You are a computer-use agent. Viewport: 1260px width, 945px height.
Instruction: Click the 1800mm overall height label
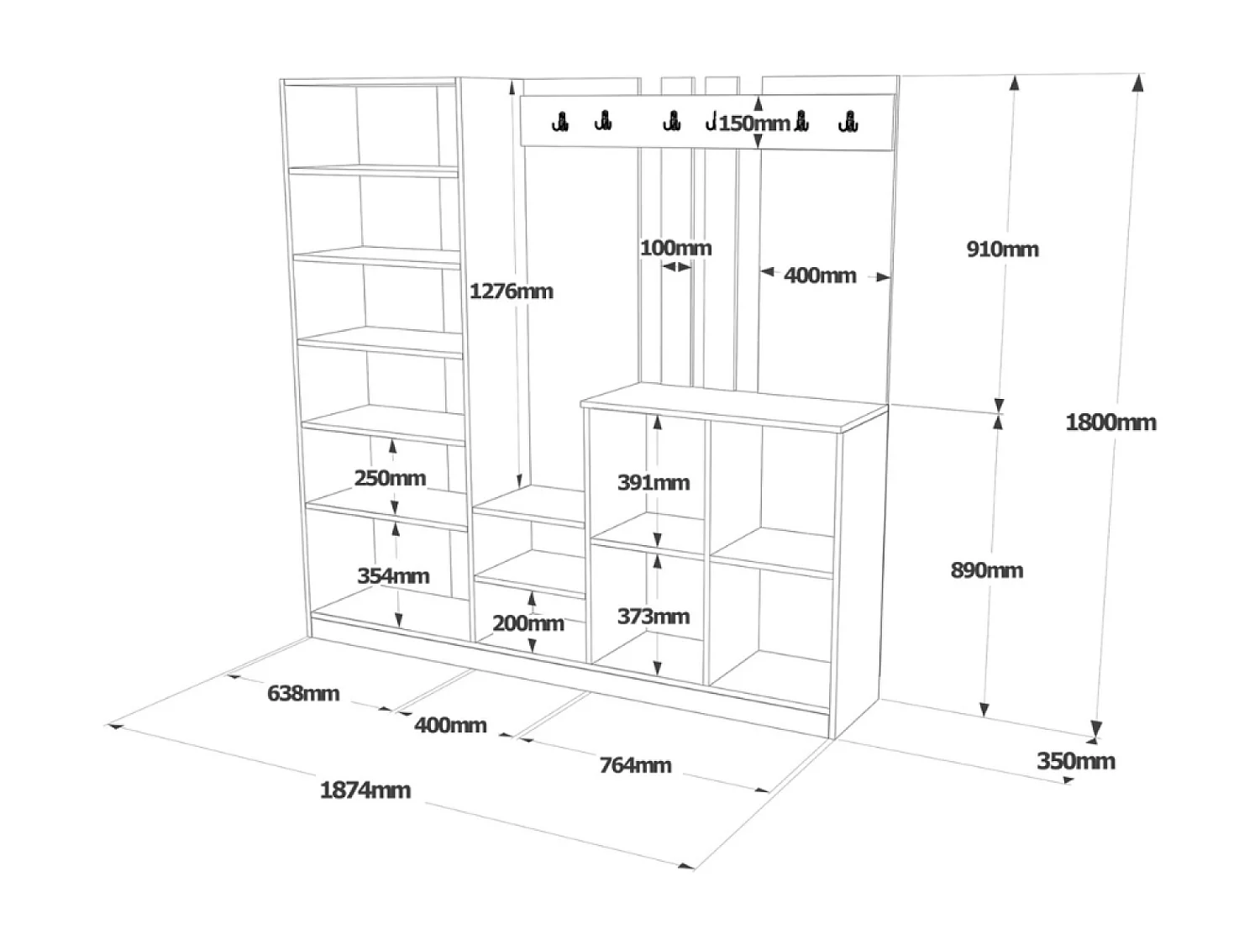pos(1110,422)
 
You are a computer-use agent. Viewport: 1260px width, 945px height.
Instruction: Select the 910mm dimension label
pos(1002,249)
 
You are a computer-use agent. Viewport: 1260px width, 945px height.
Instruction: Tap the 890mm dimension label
pos(987,570)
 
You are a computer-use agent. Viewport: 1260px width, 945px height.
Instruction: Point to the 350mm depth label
pos(1075,761)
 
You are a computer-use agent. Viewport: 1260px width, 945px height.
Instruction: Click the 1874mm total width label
pos(365,790)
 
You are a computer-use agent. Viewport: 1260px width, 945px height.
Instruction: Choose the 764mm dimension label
pos(635,765)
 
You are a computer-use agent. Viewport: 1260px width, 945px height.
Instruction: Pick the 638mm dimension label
pos(303,693)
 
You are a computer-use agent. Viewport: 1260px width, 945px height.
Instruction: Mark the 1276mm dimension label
pos(511,291)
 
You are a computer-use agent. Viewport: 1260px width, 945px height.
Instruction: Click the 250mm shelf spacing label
pos(390,478)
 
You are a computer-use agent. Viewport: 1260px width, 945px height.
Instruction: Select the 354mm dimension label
pos(393,575)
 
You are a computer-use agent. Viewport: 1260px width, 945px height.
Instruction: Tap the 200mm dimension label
pos(528,623)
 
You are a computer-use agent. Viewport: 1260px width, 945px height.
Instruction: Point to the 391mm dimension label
pos(654,482)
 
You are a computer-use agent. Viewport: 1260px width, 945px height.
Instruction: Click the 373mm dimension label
pos(654,617)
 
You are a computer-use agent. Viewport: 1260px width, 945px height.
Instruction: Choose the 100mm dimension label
pos(675,248)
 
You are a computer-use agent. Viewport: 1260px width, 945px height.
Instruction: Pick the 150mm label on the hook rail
pos(754,123)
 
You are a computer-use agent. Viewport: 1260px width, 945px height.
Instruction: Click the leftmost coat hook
pos(559,123)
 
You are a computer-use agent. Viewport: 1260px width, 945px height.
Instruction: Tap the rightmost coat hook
pos(848,123)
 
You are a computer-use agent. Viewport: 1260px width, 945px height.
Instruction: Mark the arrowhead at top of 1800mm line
pos(1138,82)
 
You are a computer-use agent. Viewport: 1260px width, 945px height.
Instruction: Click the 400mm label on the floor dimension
pos(450,725)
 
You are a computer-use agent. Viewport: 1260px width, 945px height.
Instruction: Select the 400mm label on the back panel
pos(820,276)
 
